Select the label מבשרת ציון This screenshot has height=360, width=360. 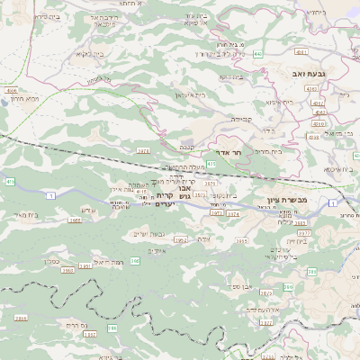coord(288,199)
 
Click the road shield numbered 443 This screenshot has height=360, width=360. coord(257,55)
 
